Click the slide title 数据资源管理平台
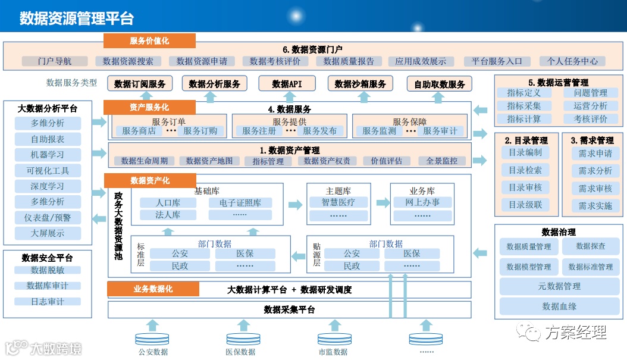[x=77, y=18]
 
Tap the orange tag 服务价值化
[x=149, y=40]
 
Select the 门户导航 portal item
[x=55, y=61]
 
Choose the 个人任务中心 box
[x=572, y=61]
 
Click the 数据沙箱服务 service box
[x=360, y=84]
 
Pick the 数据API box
[x=287, y=84]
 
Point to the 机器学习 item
[x=48, y=155]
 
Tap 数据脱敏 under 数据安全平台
[x=48, y=270]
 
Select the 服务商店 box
[x=139, y=131]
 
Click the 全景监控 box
[x=441, y=161]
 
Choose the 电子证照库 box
[x=240, y=203]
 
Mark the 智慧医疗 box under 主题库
[x=337, y=202]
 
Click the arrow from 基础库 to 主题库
[x=295, y=205]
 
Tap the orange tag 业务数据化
[x=153, y=289]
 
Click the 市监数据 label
[x=333, y=352]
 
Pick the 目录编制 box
[x=525, y=152]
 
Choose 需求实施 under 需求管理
[x=595, y=206]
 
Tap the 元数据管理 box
[x=559, y=286]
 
